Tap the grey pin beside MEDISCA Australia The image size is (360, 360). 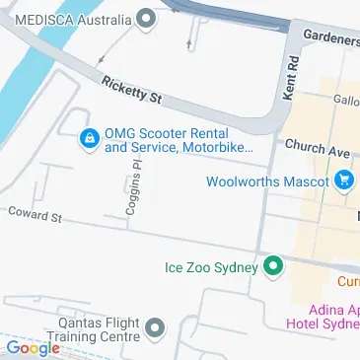pyautogui.click(x=147, y=19)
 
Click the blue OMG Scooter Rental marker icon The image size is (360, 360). pyautogui.click(x=89, y=139)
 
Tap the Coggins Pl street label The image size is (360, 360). pyautogui.click(x=135, y=184)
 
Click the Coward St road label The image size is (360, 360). pyautogui.click(x=35, y=213)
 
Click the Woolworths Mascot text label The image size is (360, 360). pyautogui.click(x=267, y=181)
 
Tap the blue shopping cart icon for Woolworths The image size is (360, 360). pyautogui.click(x=343, y=180)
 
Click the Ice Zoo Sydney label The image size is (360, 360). pyautogui.click(x=210, y=266)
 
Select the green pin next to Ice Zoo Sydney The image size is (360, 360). pyautogui.click(x=273, y=266)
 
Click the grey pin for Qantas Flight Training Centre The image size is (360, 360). pyautogui.click(x=155, y=327)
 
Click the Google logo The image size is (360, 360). pyautogui.click(x=32, y=348)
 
